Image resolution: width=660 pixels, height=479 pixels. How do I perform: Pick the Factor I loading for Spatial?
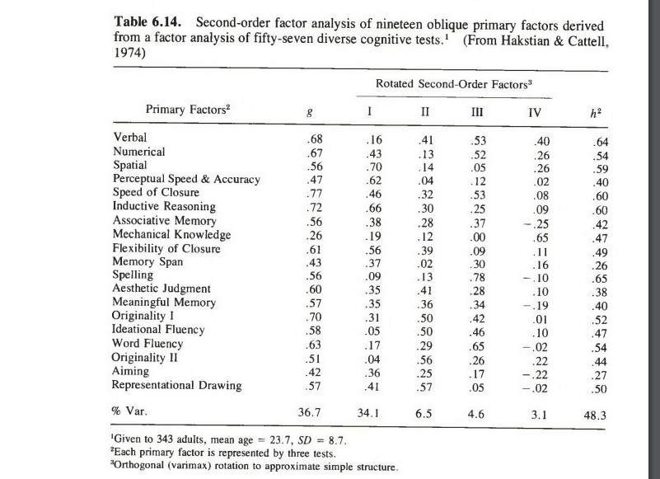click(x=372, y=166)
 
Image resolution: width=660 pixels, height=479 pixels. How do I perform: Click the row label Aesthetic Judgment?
click(x=161, y=289)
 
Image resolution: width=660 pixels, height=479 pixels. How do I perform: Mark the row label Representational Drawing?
click(x=177, y=385)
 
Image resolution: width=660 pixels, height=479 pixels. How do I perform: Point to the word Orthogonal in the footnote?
click(x=146, y=467)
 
